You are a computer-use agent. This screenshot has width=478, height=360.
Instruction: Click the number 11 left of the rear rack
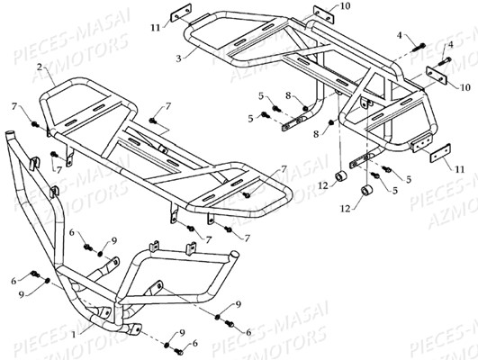(x=155, y=28)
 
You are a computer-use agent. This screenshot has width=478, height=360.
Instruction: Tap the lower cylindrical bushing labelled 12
(x=365, y=195)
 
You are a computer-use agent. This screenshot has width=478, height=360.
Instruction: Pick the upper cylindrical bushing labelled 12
(x=344, y=174)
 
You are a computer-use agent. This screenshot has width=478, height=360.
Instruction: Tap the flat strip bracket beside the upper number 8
(x=290, y=123)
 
